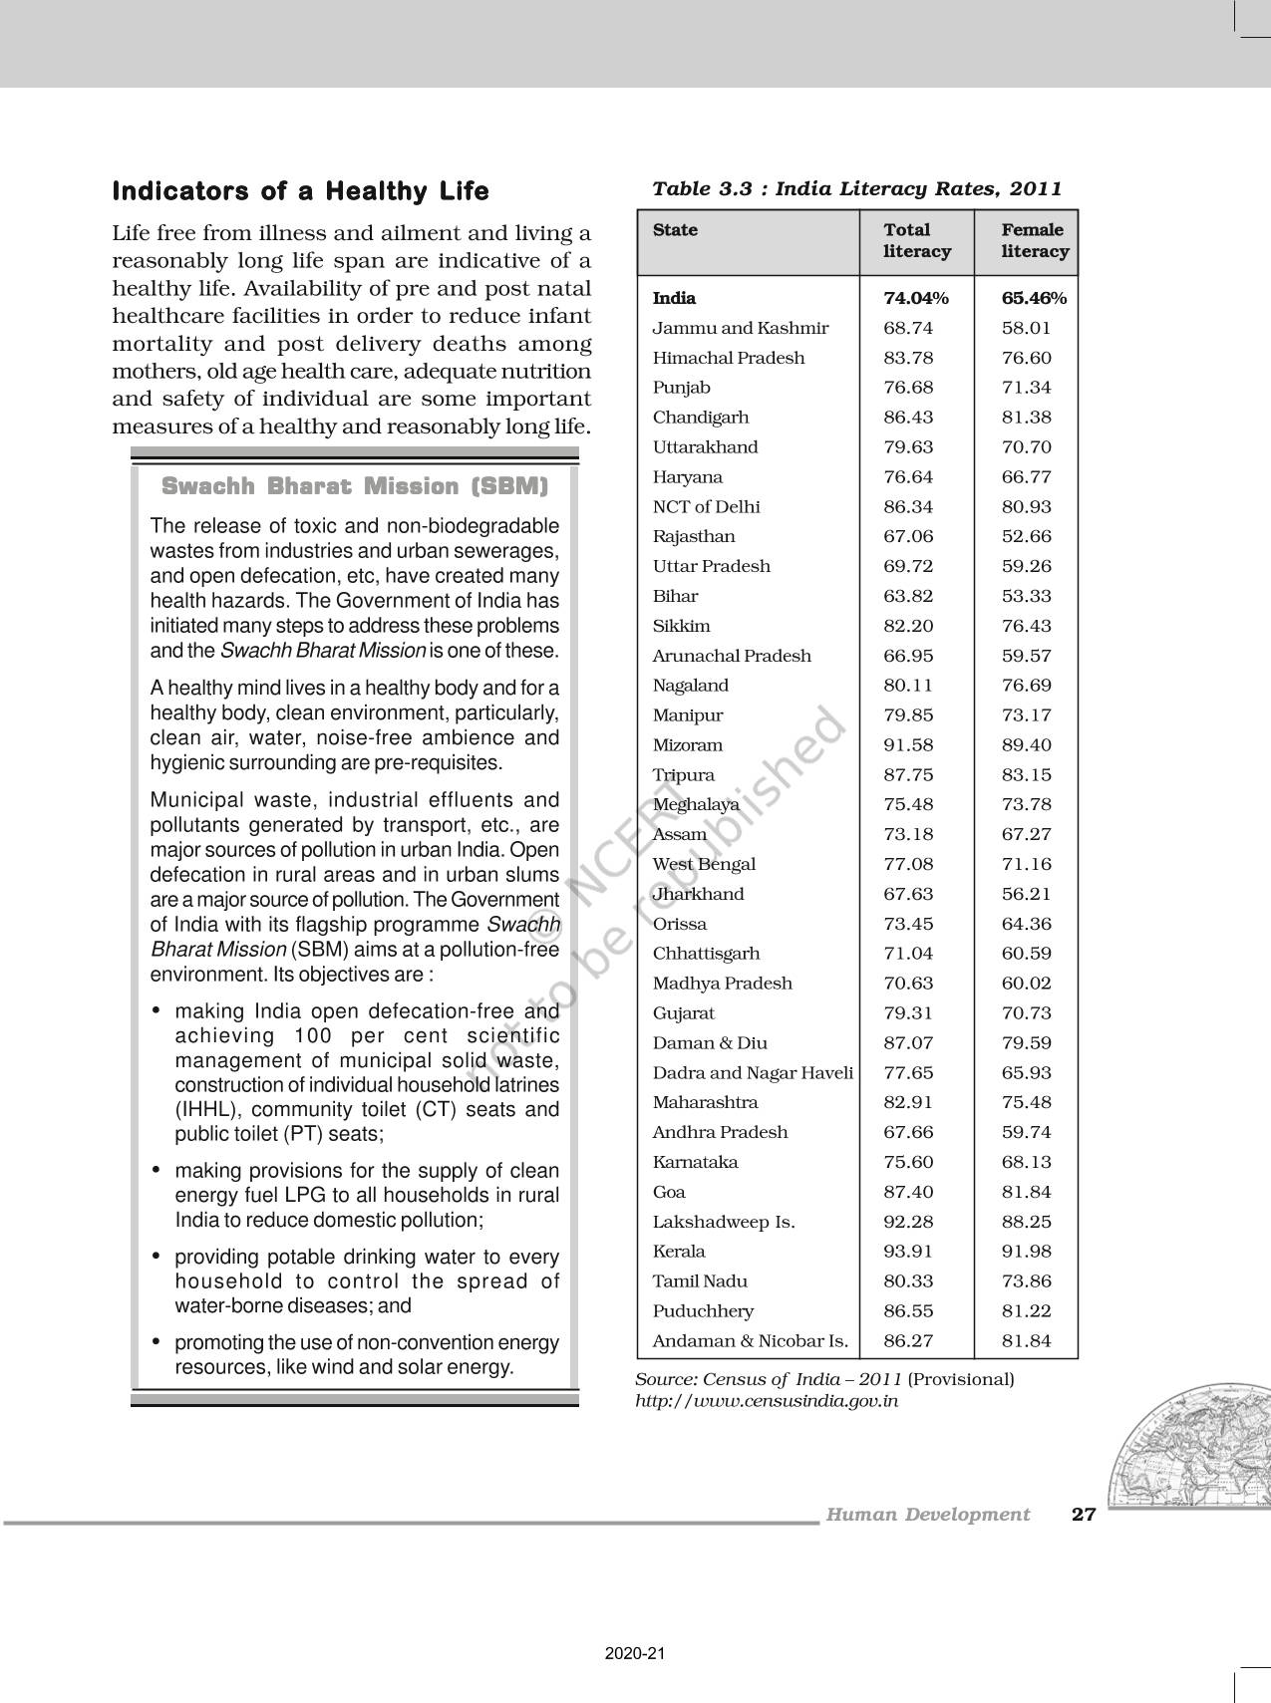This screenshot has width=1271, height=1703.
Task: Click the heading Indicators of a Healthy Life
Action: tap(300, 190)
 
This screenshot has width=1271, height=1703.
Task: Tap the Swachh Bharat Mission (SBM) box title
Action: tap(355, 486)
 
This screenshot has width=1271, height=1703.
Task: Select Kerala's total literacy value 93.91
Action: tap(908, 1252)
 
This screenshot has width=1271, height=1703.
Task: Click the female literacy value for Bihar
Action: tap(1026, 596)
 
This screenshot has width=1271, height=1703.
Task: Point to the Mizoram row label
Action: tap(688, 745)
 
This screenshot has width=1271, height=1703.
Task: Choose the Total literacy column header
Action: tap(916, 241)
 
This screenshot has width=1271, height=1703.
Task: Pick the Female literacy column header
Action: tap(1034, 241)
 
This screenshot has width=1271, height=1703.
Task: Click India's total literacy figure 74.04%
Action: tap(915, 298)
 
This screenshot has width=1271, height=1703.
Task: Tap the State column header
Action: tap(675, 230)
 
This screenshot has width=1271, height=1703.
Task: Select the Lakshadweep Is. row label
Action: tap(724, 1222)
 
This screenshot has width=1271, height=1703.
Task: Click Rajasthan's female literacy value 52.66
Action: tap(1026, 536)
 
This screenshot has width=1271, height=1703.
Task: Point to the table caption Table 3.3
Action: tap(856, 188)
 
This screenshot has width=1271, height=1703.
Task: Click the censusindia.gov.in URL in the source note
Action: tap(767, 1400)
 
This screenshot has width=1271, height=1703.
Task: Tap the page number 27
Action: tap(1083, 1515)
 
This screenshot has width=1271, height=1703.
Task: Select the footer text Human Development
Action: tap(927, 1515)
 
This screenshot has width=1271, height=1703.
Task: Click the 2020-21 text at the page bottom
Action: tap(634, 1653)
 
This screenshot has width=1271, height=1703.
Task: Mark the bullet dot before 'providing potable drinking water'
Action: tap(156, 1257)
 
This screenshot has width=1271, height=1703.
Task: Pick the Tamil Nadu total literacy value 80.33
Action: tap(908, 1281)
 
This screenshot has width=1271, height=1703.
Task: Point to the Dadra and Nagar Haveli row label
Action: tap(753, 1073)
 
